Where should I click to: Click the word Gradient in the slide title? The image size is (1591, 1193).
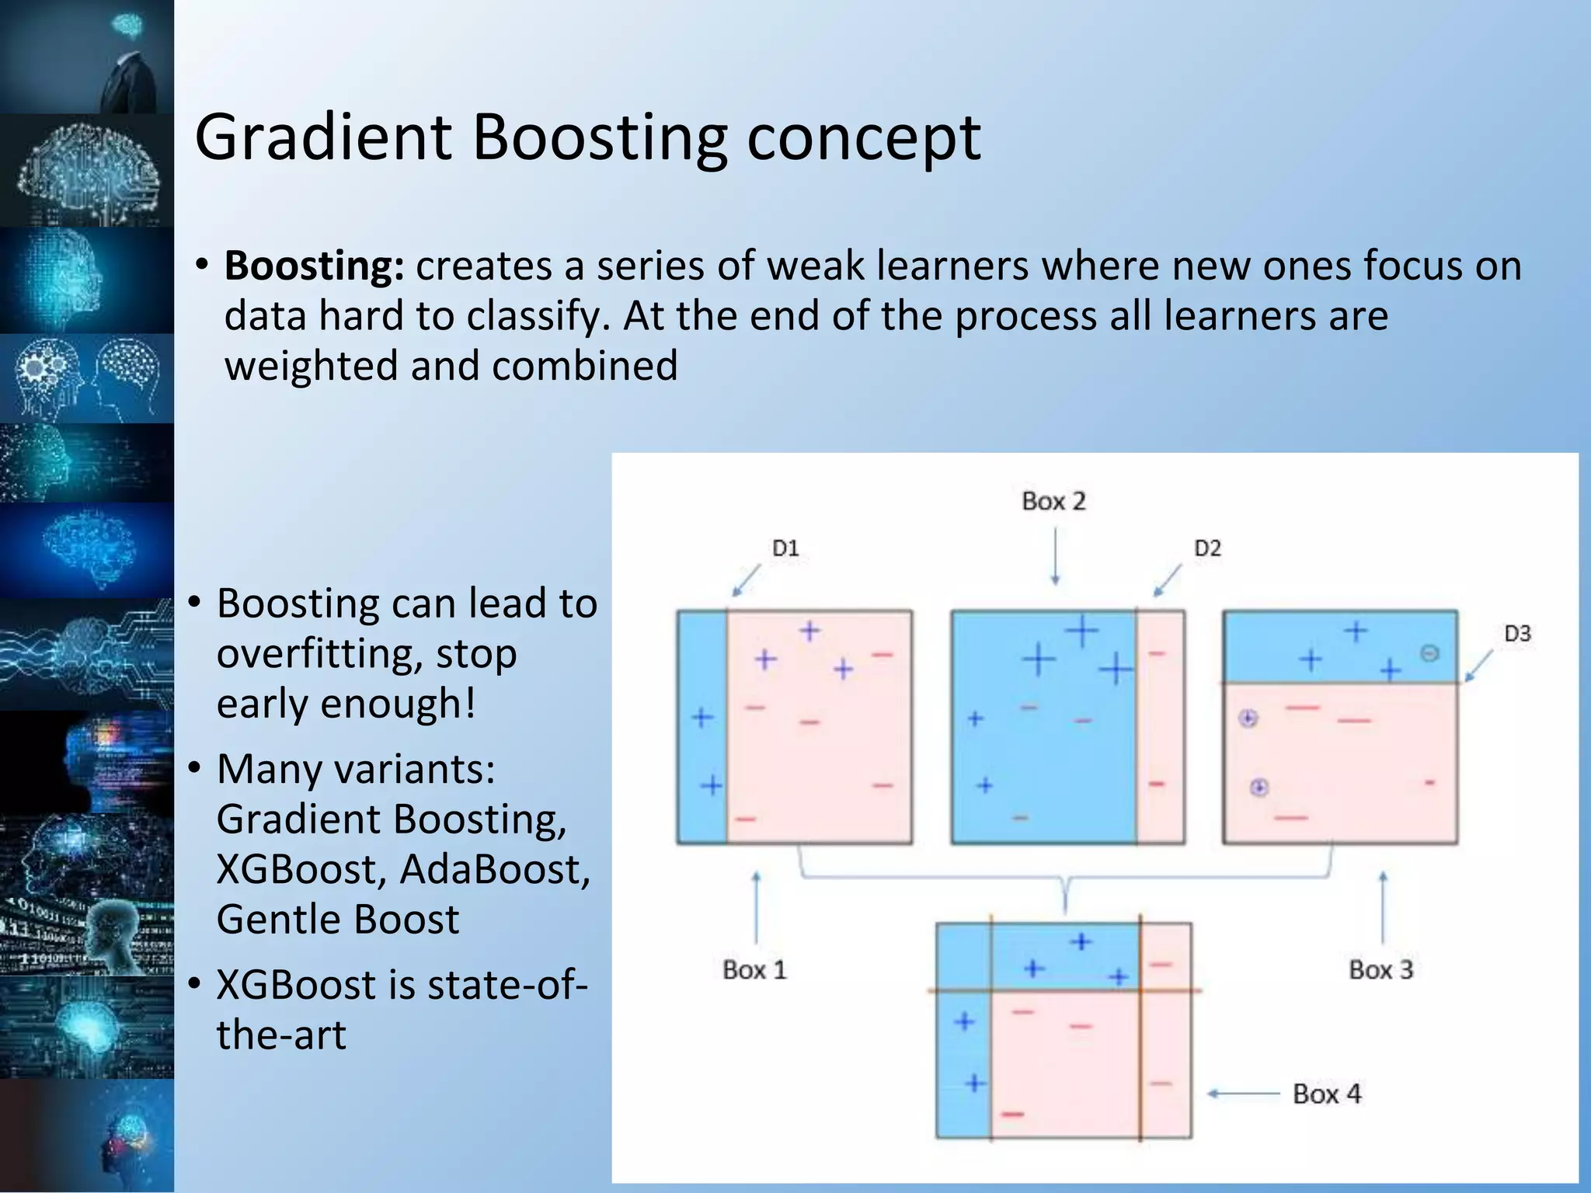point(322,137)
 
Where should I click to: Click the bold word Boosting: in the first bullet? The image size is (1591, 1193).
point(314,266)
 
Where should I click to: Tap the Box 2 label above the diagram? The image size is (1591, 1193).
point(1053,502)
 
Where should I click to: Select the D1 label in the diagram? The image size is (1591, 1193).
point(785,549)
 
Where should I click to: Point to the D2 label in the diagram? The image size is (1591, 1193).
point(1207,549)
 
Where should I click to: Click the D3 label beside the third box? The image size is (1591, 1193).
point(1516,634)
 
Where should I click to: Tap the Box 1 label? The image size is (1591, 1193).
point(754,970)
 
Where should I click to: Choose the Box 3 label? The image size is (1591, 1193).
point(1380,970)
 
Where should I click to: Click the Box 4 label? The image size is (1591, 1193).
point(1327,1094)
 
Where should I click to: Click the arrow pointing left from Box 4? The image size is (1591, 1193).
point(1243,1094)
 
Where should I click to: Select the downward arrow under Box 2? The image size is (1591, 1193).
point(1055,556)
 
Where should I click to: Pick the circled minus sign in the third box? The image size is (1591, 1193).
point(1429,653)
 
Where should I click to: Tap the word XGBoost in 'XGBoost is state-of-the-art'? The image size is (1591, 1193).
point(296,985)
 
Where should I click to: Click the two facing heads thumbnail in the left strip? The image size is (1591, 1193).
point(87,378)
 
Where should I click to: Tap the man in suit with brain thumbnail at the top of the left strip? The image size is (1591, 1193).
point(87,56)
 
